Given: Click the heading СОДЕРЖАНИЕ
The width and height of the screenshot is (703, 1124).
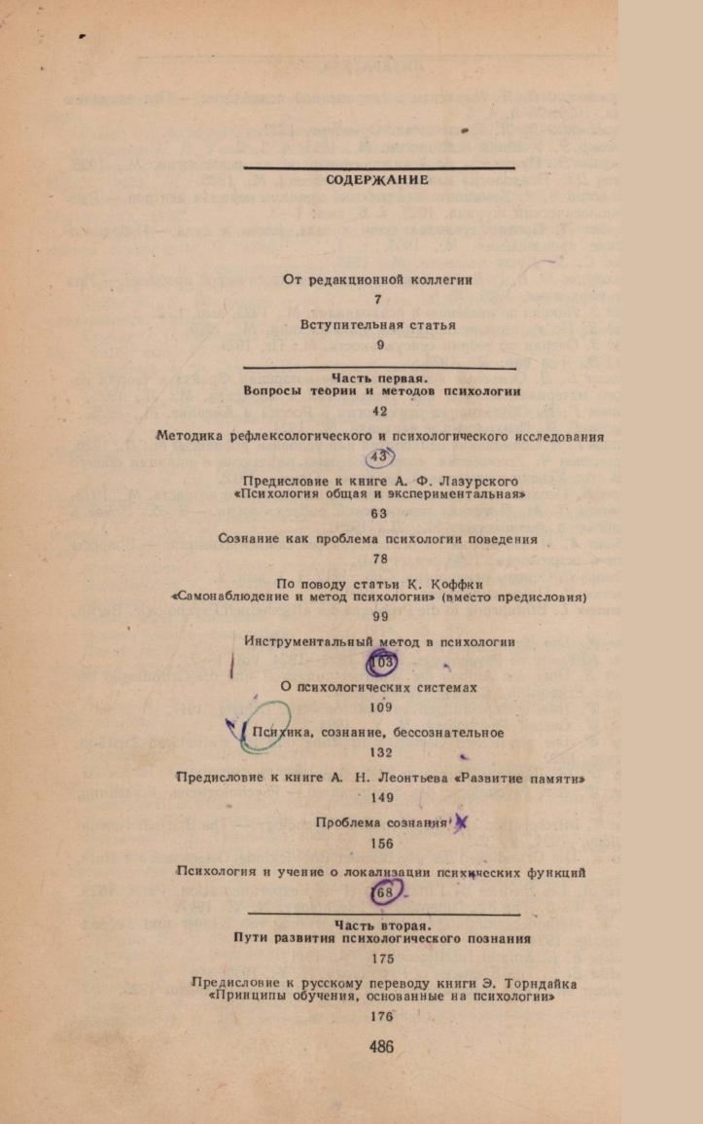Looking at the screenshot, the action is click(377, 180).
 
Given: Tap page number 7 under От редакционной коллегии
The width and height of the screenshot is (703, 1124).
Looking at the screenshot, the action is click(378, 300).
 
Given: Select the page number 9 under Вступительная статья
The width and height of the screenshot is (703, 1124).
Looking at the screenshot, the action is click(380, 344).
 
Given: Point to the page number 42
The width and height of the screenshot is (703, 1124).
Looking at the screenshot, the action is click(380, 412).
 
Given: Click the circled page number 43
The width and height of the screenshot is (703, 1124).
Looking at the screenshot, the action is click(379, 456).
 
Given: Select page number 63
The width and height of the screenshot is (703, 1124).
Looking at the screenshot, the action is click(379, 513).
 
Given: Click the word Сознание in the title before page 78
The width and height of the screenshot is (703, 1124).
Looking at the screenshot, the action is click(244, 540).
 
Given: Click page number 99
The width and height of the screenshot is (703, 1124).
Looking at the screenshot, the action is click(380, 616).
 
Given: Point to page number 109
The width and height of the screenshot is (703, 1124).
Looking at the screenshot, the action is click(381, 707).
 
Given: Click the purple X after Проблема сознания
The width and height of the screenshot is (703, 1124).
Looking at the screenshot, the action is click(461, 824).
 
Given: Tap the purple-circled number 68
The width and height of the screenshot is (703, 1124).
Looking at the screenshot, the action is click(385, 893).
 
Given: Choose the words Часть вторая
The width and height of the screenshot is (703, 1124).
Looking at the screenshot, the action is click(380, 925).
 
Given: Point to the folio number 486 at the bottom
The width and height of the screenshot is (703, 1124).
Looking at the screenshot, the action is click(381, 1047).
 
